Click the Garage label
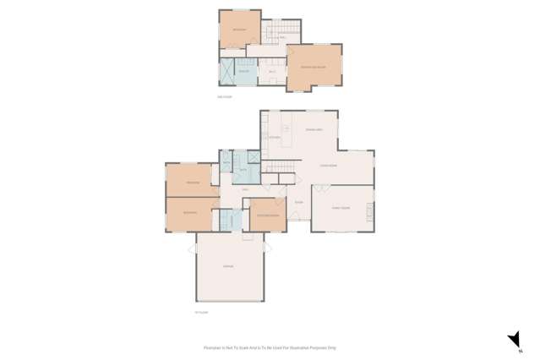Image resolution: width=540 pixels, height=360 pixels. (227, 267)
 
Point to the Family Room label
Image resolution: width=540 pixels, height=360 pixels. (341, 208)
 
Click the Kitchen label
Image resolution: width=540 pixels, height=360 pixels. (275, 137)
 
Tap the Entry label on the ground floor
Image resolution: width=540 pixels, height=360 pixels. (298, 203)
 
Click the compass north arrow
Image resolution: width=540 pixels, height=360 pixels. (513, 340)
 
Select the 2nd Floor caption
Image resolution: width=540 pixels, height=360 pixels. (224, 97)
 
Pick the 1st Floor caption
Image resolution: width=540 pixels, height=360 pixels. (200, 312)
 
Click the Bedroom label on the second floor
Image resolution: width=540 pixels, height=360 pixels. (239, 30)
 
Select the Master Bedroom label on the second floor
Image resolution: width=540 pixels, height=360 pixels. (313, 67)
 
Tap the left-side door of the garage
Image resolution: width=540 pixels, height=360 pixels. (193, 248)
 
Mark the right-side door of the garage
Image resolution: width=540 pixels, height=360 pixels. (267, 248)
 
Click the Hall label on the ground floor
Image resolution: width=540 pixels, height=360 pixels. (245, 190)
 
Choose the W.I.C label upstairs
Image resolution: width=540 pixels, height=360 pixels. (272, 73)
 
